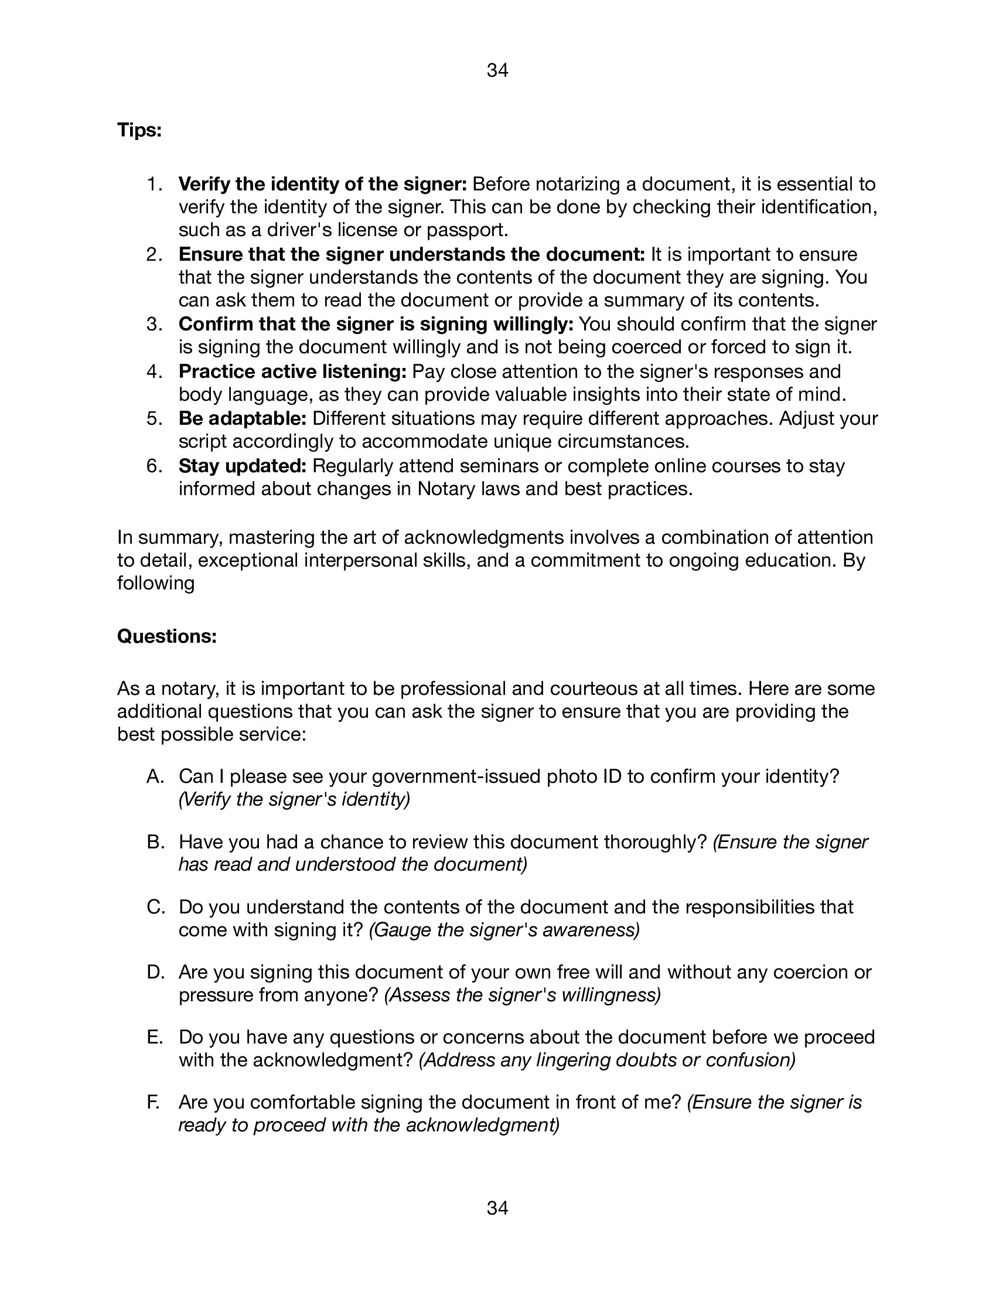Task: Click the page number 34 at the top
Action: (x=497, y=71)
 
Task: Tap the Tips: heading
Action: (x=139, y=130)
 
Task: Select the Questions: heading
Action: (x=167, y=636)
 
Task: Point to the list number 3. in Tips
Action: (x=155, y=324)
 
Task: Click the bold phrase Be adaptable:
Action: (x=243, y=418)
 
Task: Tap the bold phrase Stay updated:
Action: (x=243, y=466)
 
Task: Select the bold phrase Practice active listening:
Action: (x=293, y=371)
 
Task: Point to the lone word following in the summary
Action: (x=156, y=583)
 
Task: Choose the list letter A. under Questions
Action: (x=155, y=776)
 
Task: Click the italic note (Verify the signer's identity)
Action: (x=294, y=799)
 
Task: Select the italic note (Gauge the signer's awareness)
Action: (x=504, y=930)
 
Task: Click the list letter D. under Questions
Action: (x=155, y=972)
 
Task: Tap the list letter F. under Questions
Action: (x=154, y=1103)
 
